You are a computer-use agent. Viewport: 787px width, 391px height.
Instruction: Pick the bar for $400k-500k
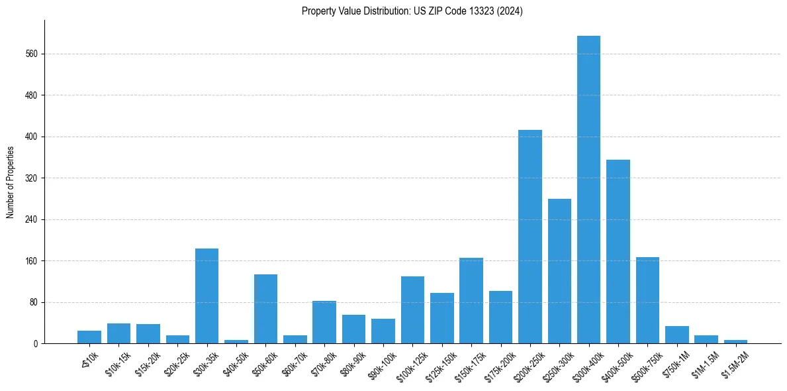(618, 251)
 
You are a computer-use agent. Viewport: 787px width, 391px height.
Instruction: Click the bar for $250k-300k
(559, 271)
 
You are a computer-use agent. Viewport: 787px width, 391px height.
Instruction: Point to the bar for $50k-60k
(265, 309)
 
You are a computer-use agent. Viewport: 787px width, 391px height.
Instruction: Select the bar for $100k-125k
(412, 309)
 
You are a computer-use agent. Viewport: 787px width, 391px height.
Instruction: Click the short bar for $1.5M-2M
(735, 341)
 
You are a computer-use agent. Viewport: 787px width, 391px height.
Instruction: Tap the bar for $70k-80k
(324, 322)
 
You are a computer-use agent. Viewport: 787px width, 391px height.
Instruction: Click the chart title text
(412, 11)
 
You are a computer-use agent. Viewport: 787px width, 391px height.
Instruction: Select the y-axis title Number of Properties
(11, 182)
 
